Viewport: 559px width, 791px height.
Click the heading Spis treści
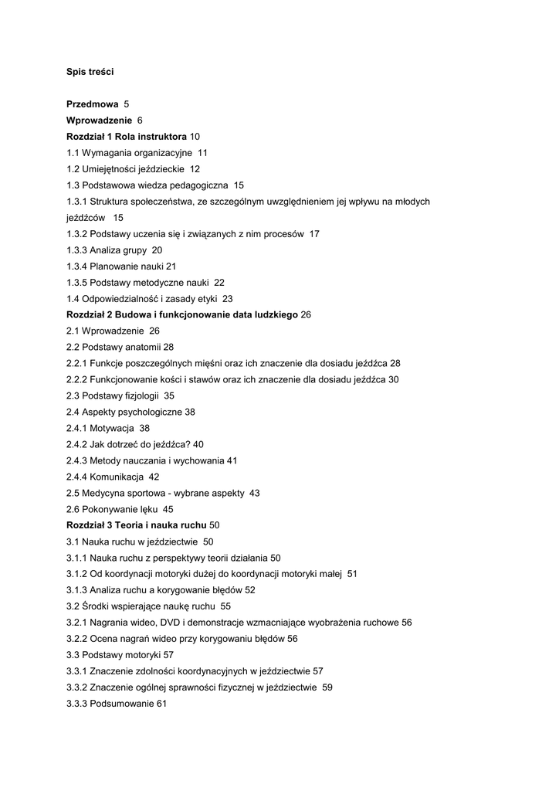(x=90, y=72)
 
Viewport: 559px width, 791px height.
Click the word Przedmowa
(x=93, y=104)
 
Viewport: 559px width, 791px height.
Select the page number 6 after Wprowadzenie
(x=140, y=121)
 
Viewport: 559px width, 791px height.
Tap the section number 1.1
(x=73, y=153)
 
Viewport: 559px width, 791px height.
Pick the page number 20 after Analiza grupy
(x=157, y=250)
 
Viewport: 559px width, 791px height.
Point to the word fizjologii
(x=140, y=396)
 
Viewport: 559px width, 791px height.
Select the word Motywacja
(x=112, y=429)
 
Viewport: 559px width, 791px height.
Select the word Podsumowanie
(x=122, y=704)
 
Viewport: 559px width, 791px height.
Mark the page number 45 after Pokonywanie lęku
(x=168, y=510)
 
